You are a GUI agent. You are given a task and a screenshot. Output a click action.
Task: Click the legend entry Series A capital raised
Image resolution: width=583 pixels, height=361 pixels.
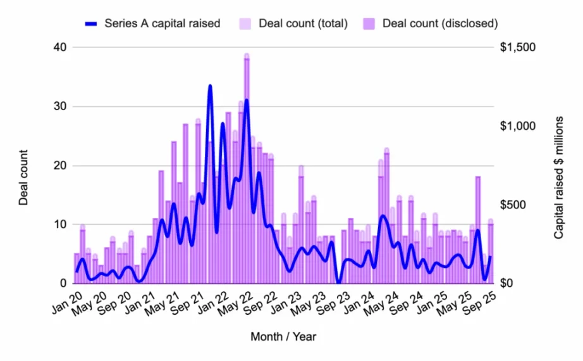(162, 23)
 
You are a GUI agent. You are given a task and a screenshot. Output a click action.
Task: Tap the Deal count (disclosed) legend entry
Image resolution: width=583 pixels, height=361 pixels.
(439, 23)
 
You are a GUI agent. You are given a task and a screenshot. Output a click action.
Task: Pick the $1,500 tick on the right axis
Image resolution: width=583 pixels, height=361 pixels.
(518, 47)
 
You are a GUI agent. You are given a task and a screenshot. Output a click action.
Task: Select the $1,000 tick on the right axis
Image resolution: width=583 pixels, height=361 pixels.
(518, 126)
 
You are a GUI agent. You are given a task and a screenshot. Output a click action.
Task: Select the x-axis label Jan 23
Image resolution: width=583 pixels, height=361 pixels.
(288, 303)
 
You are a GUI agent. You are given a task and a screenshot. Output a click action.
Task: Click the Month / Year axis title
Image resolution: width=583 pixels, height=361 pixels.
(283, 336)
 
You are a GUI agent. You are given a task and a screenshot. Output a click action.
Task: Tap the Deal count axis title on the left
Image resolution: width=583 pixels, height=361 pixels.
(23, 177)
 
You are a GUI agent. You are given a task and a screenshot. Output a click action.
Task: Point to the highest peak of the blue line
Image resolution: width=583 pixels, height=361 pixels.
(210, 85)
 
